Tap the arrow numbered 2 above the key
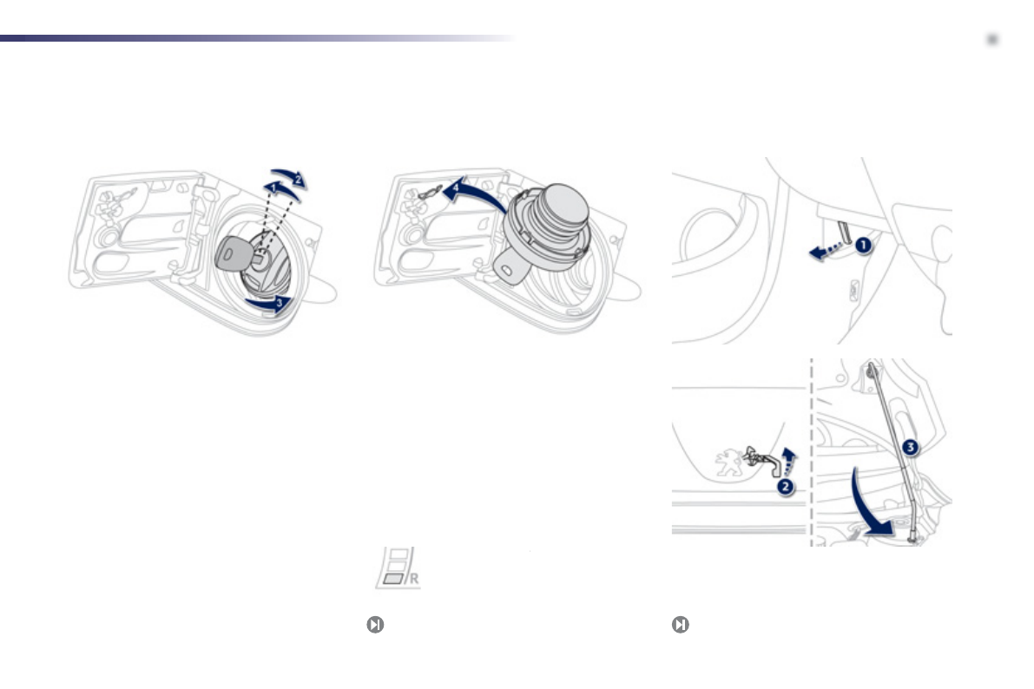tap(294, 176)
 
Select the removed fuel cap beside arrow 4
tap(547, 226)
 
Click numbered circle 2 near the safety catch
tap(785, 488)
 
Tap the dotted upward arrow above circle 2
tap(787, 458)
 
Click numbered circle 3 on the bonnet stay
tap(909, 448)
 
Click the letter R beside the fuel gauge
tap(413, 578)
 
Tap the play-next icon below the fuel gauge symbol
tap(374, 625)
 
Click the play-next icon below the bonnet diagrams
tap(681, 625)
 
